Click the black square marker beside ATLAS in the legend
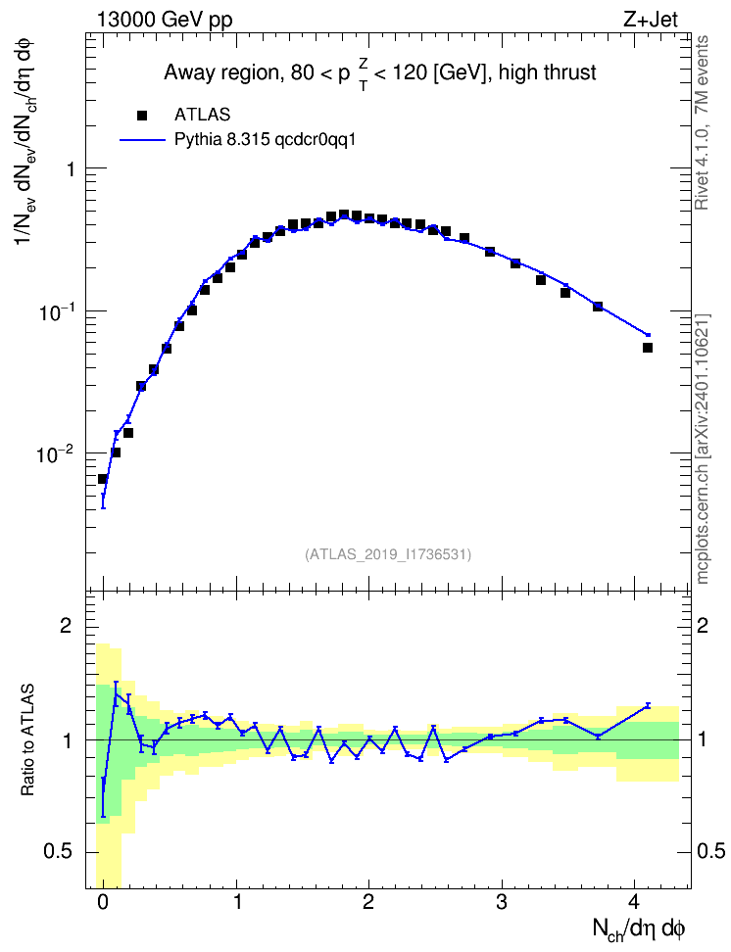coord(142,115)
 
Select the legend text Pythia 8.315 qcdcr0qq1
coord(265,140)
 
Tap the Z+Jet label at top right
coord(651,20)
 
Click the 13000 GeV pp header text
coord(165,20)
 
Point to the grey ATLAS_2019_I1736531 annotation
coord(388,553)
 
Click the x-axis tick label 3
coord(502,902)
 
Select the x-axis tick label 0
coord(103,902)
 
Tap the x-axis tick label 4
coord(634,902)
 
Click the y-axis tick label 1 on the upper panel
coord(70,168)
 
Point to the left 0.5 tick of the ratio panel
coord(58,852)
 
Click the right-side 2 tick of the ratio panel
coord(703,625)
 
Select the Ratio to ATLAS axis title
coord(27,740)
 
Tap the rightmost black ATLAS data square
coord(648,348)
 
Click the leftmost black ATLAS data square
coord(103,478)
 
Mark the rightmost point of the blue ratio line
coord(649,705)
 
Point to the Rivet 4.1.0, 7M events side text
coord(702,122)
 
